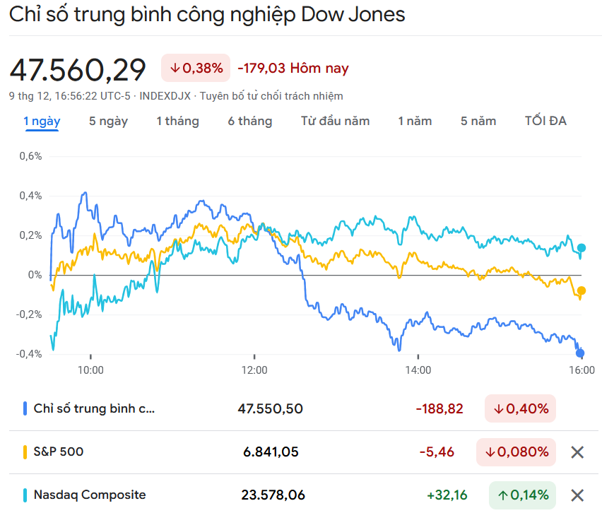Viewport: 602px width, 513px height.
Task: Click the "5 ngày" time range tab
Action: point(108,121)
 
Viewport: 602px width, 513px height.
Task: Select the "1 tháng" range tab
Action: point(177,121)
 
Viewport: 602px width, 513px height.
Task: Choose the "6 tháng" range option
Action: point(249,121)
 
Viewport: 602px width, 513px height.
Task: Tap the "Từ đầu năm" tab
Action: point(335,121)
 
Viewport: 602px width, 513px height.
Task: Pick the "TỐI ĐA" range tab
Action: point(545,121)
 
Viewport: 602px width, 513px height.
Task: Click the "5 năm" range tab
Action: point(478,121)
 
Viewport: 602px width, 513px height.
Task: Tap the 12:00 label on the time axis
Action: point(254,370)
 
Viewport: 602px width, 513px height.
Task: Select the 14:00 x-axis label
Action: point(418,370)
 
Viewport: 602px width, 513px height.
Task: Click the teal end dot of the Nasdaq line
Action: point(582,248)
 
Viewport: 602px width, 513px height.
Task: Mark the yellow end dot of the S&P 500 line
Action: point(582,290)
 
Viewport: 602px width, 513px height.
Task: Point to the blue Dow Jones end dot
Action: point(580,353)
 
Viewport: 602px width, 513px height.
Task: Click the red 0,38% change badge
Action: point(196,68)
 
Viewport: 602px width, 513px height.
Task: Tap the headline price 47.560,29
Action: point(78,69)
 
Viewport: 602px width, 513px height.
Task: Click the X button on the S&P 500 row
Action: point(577,452)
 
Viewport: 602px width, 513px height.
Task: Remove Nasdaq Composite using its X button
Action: point(577,495)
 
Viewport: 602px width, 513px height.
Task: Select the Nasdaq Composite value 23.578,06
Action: point(273,495)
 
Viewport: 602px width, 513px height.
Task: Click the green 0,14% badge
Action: point(522,495)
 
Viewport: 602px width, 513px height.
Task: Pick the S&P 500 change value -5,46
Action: point(437,452)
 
